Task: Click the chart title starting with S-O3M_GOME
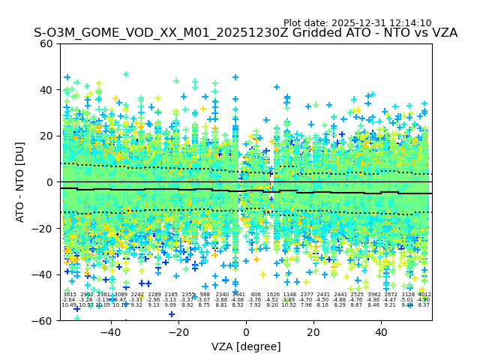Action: point(245,33)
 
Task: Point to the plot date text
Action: point(357,23)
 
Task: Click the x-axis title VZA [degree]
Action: point(246,346)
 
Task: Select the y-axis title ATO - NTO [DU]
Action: point(21,181)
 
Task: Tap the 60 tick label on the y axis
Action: point(46,43)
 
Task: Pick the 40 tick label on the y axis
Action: point(46,90)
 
